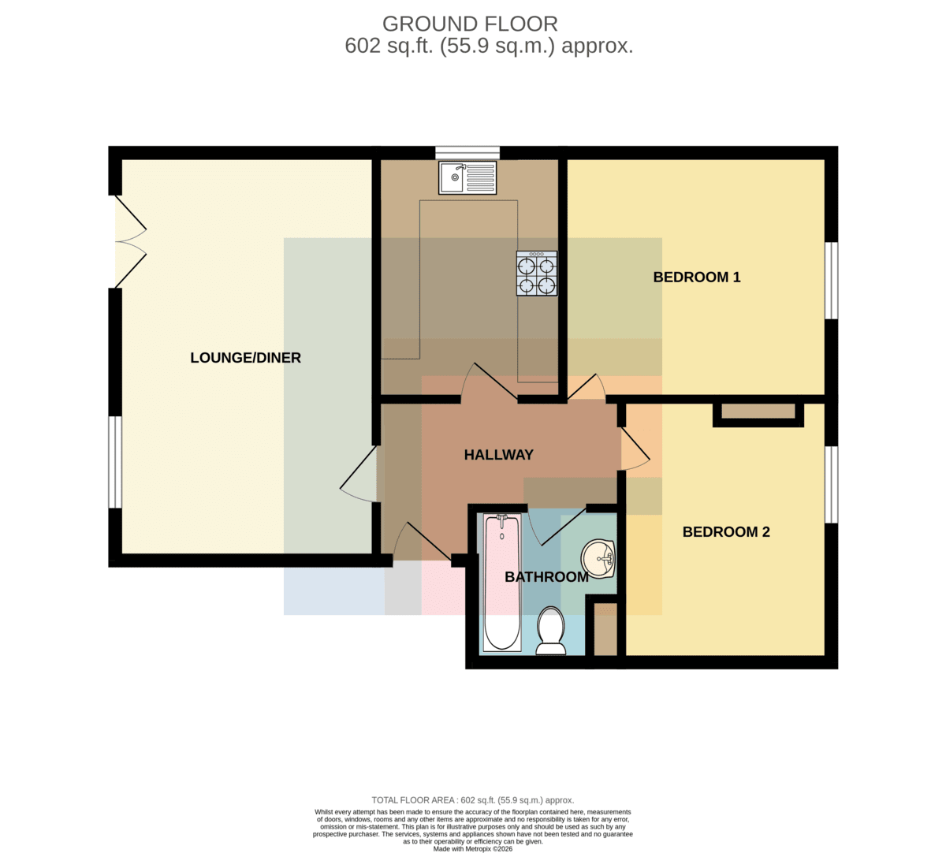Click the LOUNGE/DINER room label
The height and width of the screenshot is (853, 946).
[245, 358]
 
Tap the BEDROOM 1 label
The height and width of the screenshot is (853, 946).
[697, 277]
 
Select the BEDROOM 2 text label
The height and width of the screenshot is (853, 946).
[726, 531]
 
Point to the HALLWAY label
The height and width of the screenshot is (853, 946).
[498, 455]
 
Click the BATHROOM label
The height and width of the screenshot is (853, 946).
[546, 576]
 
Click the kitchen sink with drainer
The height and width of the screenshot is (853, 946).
[467, 178]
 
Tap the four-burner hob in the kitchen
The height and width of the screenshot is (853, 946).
[537, 274]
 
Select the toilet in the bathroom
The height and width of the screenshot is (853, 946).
[551, 631]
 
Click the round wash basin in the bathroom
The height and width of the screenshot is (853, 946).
[598, 559]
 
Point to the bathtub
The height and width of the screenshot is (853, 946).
[501, 583]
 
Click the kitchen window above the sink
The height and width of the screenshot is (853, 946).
[467, 152]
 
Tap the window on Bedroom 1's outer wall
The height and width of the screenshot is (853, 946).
[832, 281]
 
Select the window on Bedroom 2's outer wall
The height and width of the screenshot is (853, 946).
[832, 485]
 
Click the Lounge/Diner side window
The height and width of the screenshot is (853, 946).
[115, 462]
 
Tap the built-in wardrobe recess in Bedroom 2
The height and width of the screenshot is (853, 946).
[758, 411]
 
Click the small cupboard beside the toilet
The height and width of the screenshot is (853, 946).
[605, 629]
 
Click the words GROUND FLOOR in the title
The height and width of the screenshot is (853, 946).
[470, 24]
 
